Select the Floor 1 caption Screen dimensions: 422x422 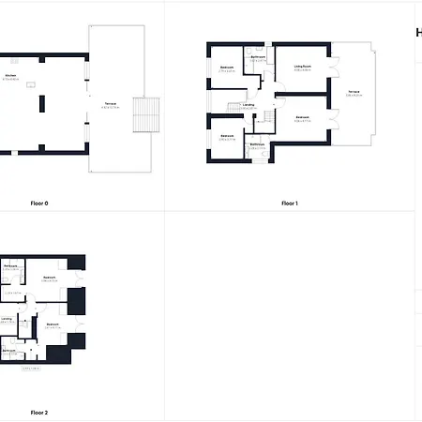click(x=289, y=203)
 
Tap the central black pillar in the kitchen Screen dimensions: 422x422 click(x=42, y=104)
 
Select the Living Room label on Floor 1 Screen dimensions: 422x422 click(x=302, y=67)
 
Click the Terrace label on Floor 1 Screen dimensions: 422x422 click(x=354, y=91)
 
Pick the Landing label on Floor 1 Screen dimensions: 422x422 click(x=248, y=105)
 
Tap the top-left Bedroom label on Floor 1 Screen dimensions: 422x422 click(x=227, y=68)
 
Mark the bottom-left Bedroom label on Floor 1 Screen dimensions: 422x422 click(x=227, y=136)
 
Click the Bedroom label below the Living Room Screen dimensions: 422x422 click(x=302, y=117)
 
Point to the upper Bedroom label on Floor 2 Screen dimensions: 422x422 click(x=49, y=278)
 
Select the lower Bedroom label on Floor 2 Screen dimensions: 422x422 click(x=52, y=324)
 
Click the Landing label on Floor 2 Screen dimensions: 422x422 click(x=7, y=319)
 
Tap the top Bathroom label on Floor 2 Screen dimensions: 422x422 click(x=10, y=267)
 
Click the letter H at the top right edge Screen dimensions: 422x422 click(x=418, y=32)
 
